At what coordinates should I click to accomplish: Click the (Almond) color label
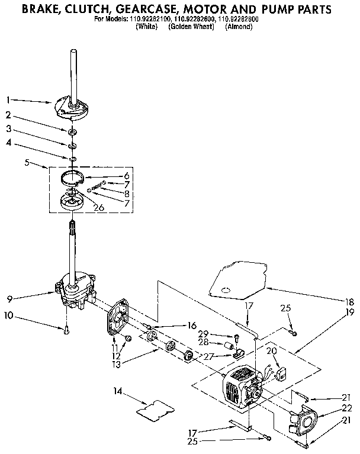click(x=239, y=27)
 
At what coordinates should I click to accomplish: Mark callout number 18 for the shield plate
click(x=349, y=301)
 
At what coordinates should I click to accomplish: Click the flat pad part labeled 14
click(x=156, y=408)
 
